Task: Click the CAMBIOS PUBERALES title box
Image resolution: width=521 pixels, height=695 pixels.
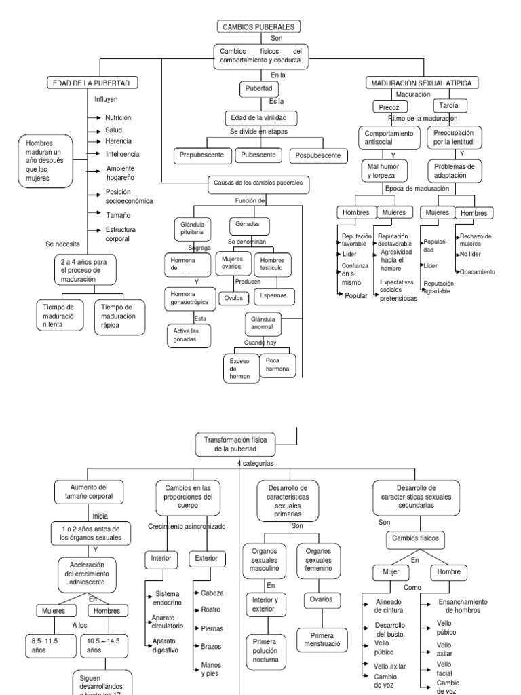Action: pyautogui.click(x=258, y=26)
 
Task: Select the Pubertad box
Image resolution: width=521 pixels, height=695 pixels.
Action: pyautogui.click(x=258, y=89)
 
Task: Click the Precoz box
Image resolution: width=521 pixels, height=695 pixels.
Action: pyautogui.click(x=389, y=107)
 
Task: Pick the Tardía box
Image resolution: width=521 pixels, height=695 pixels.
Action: pyautogui.click(x=449, y=106)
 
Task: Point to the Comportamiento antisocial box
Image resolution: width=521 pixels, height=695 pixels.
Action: pyautogui.click(x=389, y=138)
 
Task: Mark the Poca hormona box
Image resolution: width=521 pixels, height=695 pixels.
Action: pyautogui.click(x=277, y=365)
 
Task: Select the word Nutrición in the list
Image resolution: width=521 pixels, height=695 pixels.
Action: pyautogui.click(x=118, y=117)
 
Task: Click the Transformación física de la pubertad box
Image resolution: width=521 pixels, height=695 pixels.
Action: pyautogui.click(x=236, y=445)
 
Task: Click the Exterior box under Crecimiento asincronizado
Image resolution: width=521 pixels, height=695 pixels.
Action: pyautogui.click(x=206, y=559)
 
